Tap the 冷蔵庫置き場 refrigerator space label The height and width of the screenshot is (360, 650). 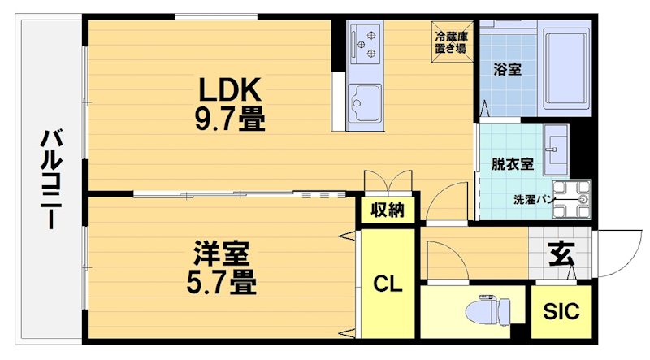(449, 42)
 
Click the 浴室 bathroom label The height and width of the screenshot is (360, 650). (507, 70)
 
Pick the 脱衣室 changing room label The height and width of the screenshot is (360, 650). (512, 163)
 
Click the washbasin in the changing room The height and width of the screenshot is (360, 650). (557, 149)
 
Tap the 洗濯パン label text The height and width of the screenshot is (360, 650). (533, 199)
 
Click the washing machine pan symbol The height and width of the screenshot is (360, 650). (574, 199)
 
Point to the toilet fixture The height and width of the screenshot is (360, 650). (490, 311)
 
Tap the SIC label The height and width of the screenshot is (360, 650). (561, 311)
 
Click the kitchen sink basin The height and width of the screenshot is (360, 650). (363, 104)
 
